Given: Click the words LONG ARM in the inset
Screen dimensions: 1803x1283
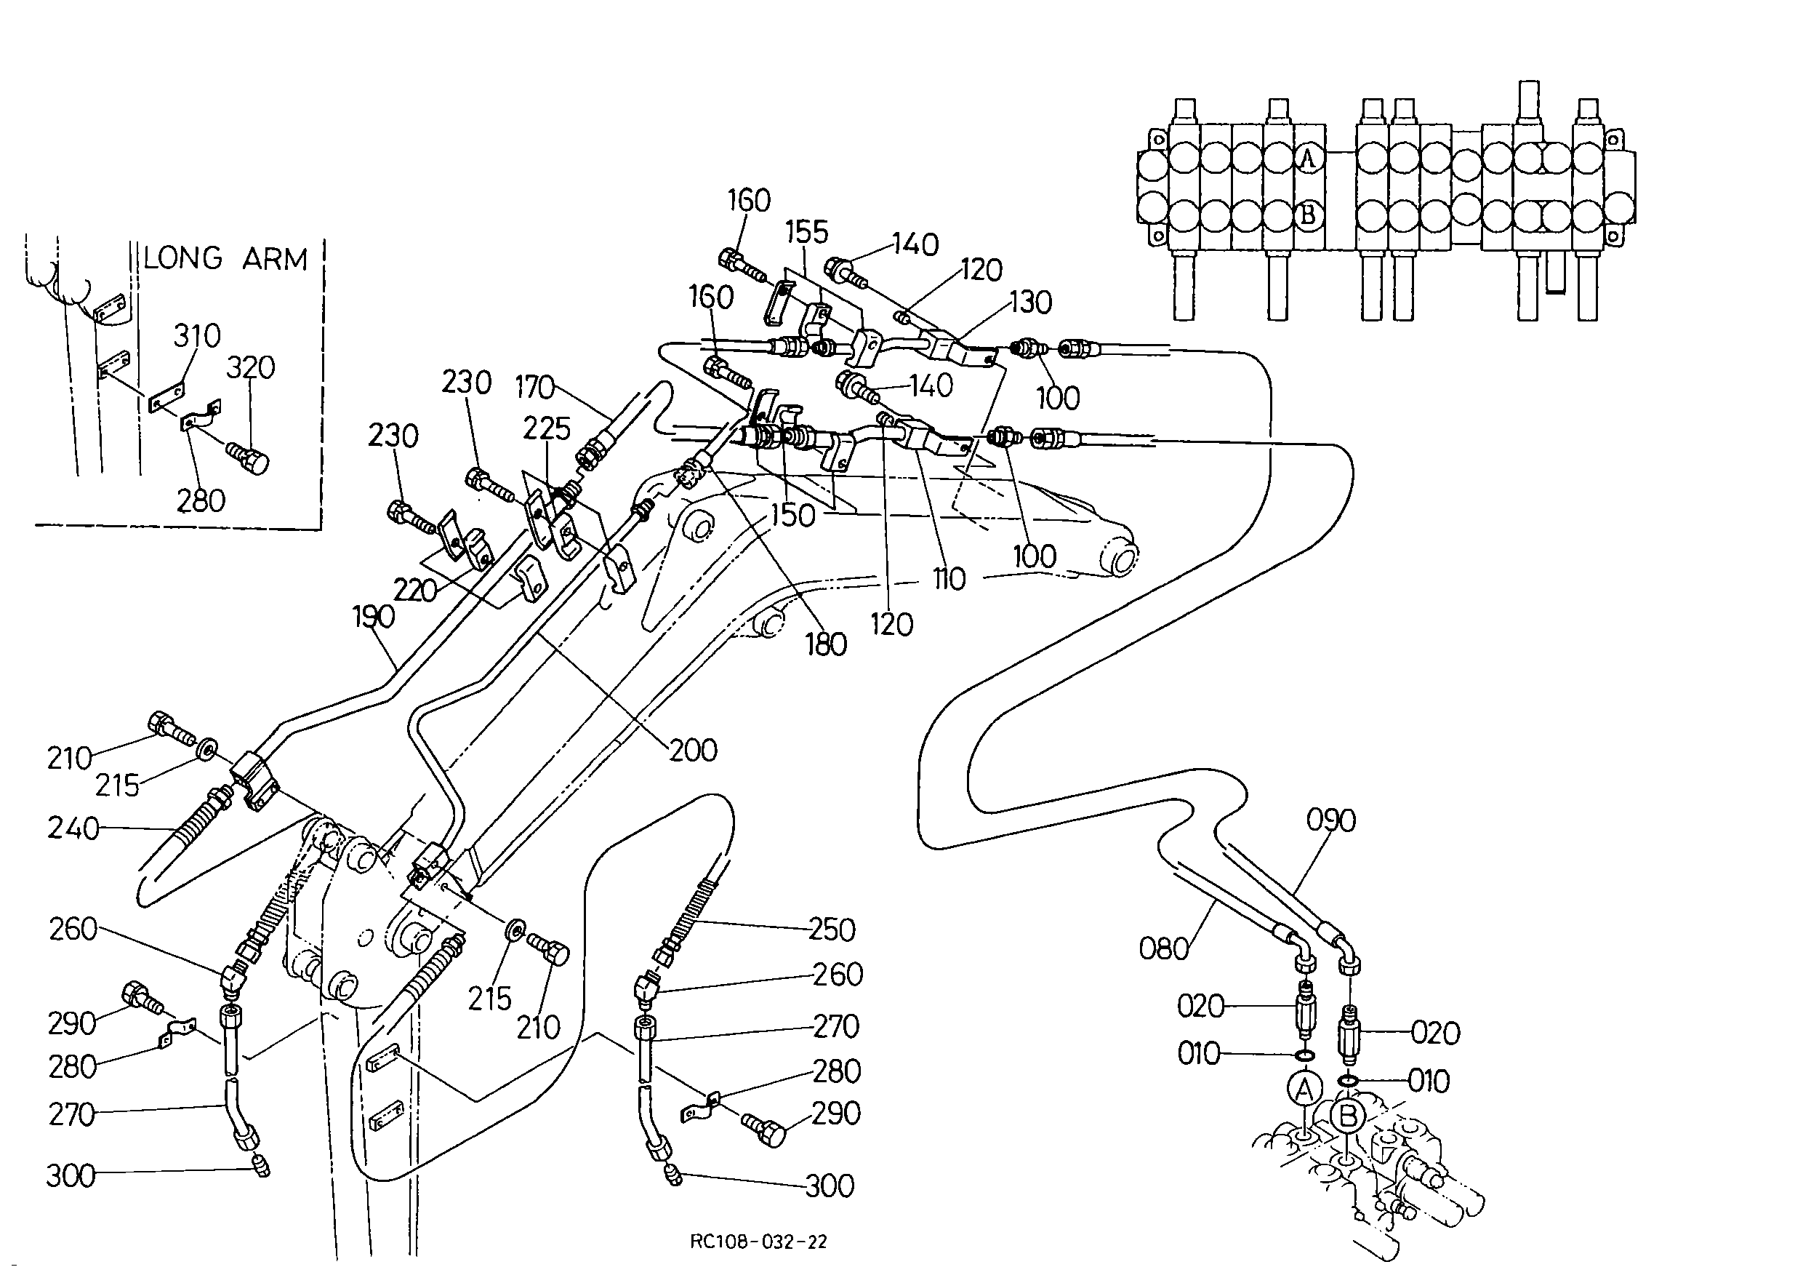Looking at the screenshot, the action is click(x=225, y=259).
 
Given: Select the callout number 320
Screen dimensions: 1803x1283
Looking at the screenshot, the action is click(x=250, y=367).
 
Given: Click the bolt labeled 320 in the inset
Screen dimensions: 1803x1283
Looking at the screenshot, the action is click(x=247, y=456).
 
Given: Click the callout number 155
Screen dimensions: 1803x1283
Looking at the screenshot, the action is click(x=806, y=232).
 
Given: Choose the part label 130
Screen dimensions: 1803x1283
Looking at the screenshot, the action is click(x=1031, y=302).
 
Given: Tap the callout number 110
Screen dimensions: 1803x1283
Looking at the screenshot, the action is click(x=949, y=579).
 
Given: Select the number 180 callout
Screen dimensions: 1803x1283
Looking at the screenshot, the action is click(x=826, y=644).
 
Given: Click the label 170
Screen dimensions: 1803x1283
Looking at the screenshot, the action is click(x=536, y=387).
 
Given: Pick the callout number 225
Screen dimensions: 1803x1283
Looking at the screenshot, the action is click(x=547, y=428).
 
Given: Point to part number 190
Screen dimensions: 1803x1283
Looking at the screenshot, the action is click(x=374, y=616).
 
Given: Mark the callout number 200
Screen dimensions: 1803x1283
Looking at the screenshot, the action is click(x=694, y=750).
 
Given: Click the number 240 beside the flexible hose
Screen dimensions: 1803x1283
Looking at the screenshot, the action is click(x=73, y=828).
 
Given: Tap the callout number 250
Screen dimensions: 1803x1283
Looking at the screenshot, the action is click(x=832, y=930).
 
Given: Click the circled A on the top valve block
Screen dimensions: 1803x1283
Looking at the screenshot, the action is click(x=1309, y=159).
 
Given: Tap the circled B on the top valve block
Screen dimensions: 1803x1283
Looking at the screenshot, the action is click(x=1309, y=214).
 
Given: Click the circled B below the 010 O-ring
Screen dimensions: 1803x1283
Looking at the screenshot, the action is click(x=1348, y=1116).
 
